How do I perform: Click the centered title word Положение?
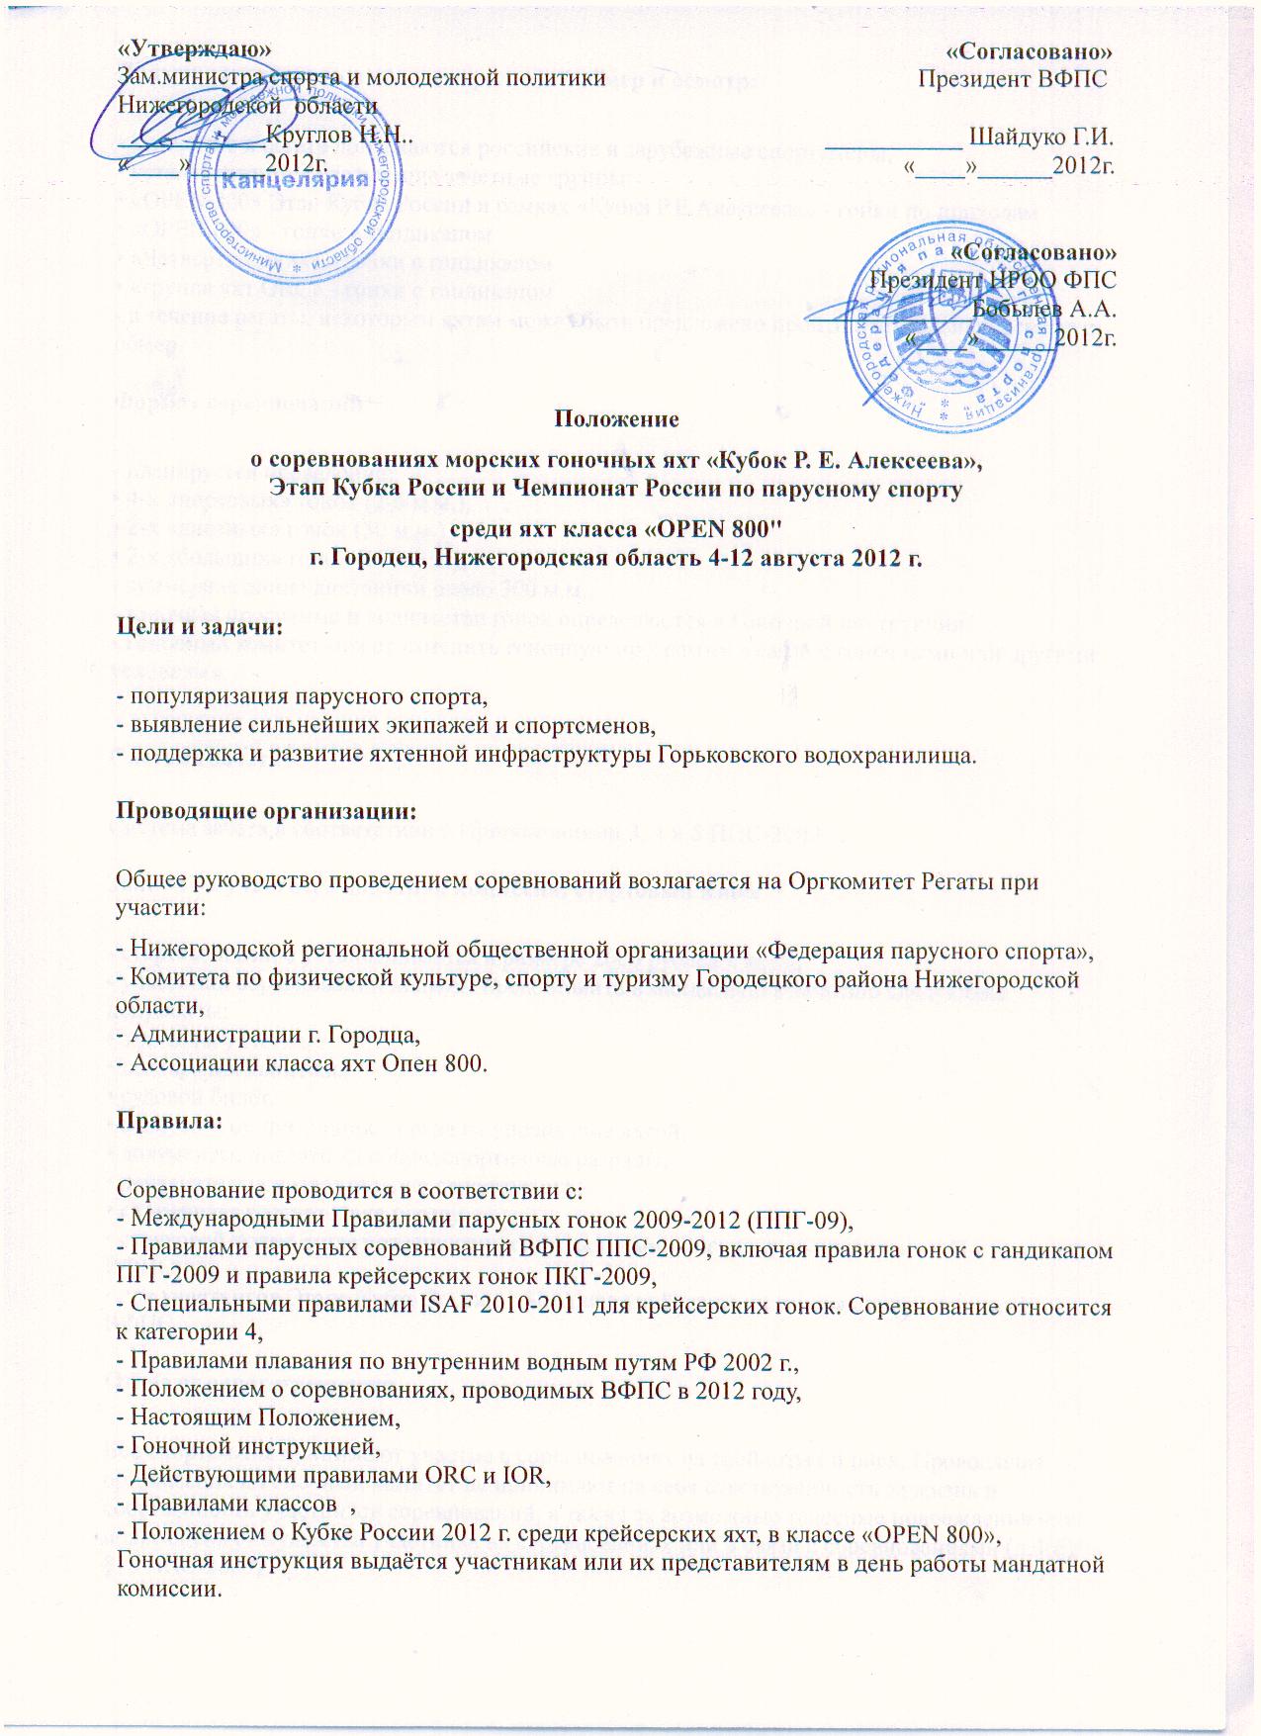(x=616, y=417)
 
